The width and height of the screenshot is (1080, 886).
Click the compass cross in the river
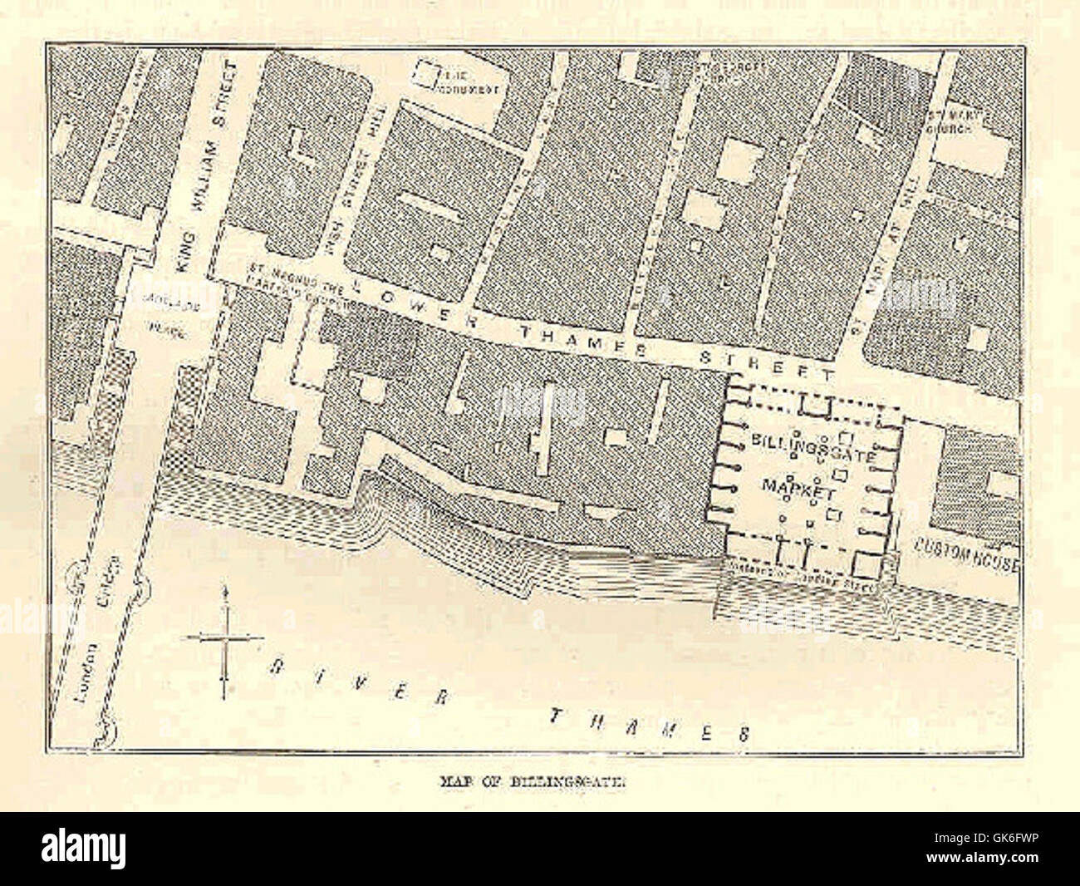pyautogui.click(x=224, y=639)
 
